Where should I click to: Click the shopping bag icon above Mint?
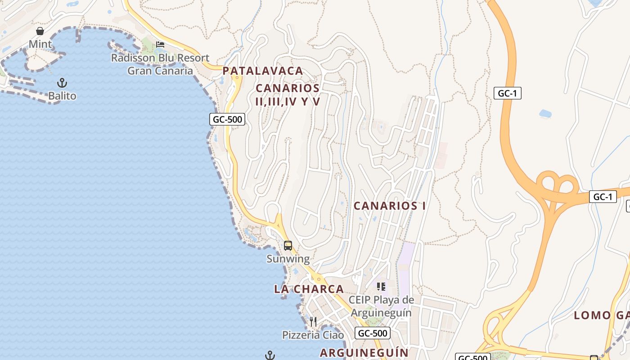40,31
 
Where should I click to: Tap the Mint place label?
40,44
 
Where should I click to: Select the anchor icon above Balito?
62,83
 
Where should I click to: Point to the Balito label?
62,96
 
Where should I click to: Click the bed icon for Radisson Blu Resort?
160,44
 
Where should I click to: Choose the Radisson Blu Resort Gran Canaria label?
160,64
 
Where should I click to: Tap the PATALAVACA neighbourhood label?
263,71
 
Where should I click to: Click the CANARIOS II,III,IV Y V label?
288,95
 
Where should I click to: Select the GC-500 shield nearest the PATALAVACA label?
227,119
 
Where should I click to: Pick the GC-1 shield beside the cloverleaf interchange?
603,197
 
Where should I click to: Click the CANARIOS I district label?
390,206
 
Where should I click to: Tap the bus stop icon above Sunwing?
288,246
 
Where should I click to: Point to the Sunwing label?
288,259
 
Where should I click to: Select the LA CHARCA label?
309,289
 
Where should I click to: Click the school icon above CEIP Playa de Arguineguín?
381,286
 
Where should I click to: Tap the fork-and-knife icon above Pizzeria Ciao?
313,321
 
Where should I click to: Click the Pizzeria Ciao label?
313,335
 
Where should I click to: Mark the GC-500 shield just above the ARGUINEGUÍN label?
372,333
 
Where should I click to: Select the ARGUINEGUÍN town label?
364,353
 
